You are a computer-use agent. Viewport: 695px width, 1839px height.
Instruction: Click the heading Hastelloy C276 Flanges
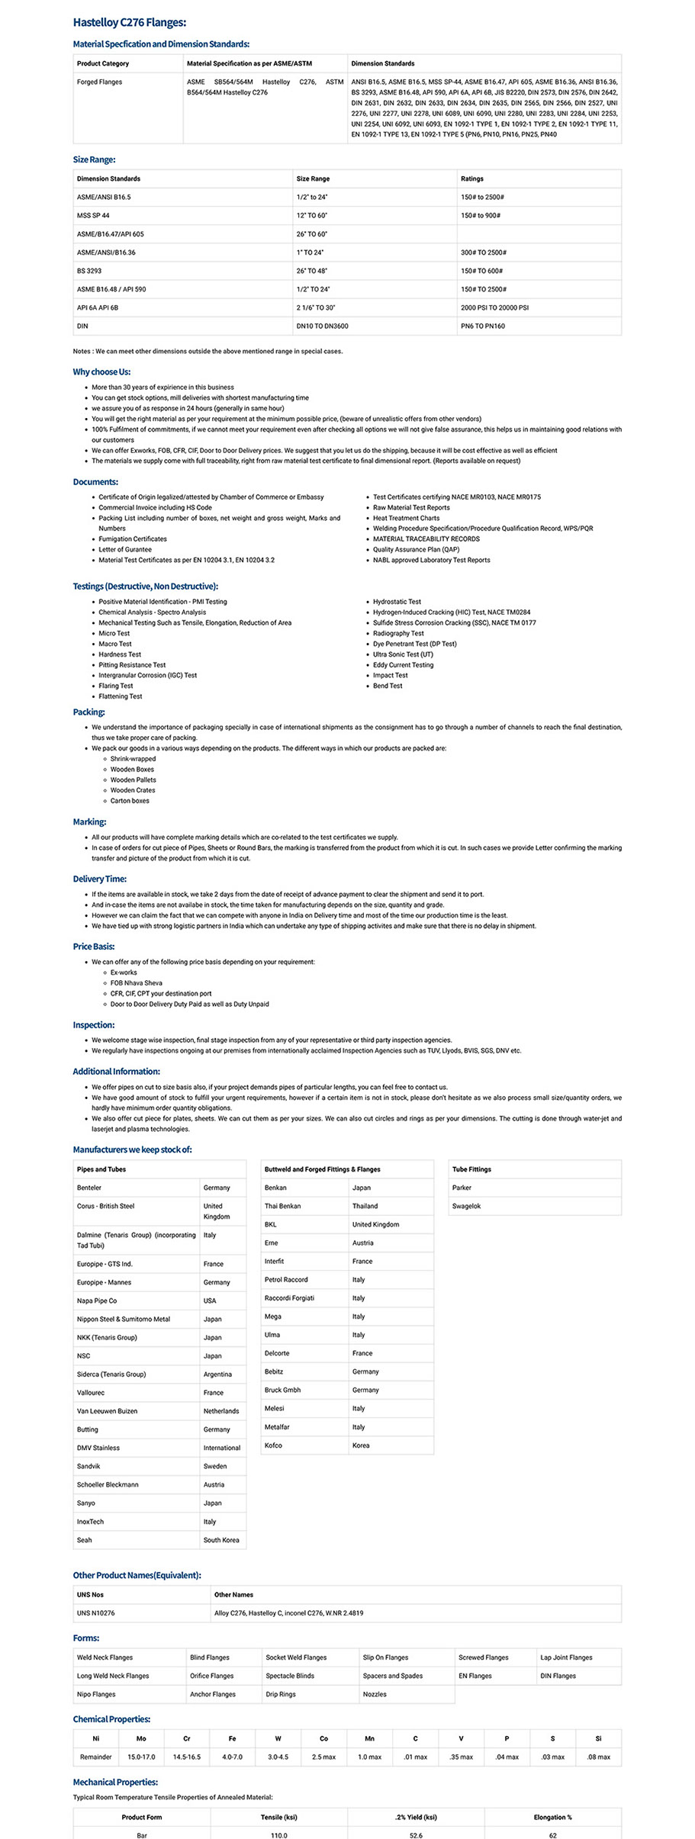pyautogui.click(x=129, y=23)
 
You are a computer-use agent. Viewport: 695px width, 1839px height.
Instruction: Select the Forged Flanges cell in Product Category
pyautogui.click(x=99, y=82)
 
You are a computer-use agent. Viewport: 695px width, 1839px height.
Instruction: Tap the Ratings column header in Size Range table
pyautogui.click(x=472, y=178)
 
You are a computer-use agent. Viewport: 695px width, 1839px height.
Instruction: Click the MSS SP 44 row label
pyautogui.click(x=93, y=216)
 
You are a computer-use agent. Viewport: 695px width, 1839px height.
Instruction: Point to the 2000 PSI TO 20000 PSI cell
pyautogui.click(x=494, y=308)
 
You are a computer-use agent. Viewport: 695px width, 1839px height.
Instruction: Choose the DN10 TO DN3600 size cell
pyautogui.click(x=322, y=326)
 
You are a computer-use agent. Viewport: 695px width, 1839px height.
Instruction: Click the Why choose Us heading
pyautogui.click(x=101, y=372)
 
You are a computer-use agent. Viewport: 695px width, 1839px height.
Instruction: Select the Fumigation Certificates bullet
pyautogui.click(x=133, y=539)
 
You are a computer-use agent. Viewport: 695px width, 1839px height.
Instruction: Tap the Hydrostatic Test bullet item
pyautogui.click(x=397, y=602)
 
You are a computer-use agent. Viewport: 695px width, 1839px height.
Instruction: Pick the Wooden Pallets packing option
pyautogui.click(x=133, y=780)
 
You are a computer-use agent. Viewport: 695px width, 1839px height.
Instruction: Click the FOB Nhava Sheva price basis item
pyautogui.click(x=137, y=983)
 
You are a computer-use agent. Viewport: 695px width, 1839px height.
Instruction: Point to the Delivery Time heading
pyautogui.click(x=99, y=879)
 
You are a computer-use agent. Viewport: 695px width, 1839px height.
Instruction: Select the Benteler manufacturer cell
pyautogui.click(x=89, y=1188)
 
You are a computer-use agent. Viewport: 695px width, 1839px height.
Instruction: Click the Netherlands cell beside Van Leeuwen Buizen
pyautogui.click(x=221, y=1411)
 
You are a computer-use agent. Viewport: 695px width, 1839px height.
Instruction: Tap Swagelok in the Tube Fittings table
pyautogui.click(x=466, y=1206)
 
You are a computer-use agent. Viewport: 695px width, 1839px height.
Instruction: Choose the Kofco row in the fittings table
pyautogui.click(x=273, y=1445)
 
